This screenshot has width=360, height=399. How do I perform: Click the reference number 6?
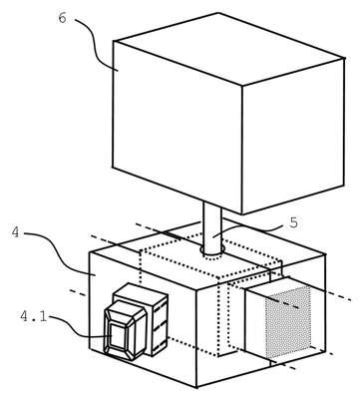click(x=62, y=18)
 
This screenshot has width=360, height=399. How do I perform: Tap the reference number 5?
click(x=293, y=222)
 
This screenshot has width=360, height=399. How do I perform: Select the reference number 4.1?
click(x=34, y=316)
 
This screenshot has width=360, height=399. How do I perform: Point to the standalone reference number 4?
click(x=16, y=232)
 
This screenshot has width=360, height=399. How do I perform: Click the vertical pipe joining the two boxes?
click(x=212, y=229)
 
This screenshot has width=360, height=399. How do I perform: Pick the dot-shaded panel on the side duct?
click(x=288, y=321)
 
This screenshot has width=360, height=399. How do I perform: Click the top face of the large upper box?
click(x=228, y=49)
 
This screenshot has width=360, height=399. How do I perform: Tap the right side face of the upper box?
click(x=293, y=137)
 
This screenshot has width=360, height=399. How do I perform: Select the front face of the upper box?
click(x=178, y=128)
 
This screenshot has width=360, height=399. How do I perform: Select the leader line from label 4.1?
click(x=80, y=327)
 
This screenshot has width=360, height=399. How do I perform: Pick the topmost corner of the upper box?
click(x=218, y=13)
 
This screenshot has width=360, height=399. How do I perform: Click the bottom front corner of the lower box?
click(x=197, y=388)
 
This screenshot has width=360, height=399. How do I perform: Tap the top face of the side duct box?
click(x=269, y=283)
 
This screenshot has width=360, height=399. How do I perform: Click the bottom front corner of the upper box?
click(x=242, y=214)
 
